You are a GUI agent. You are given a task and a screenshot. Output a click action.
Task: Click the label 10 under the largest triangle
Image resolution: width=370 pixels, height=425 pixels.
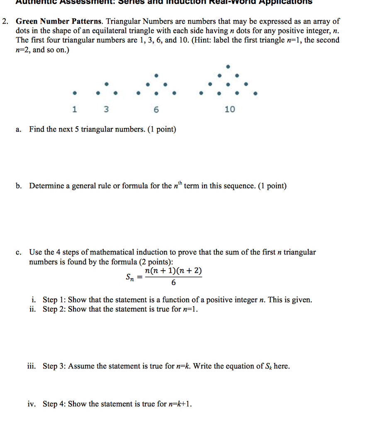229,110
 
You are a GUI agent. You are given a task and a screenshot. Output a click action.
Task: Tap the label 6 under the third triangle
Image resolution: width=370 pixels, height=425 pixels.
156,110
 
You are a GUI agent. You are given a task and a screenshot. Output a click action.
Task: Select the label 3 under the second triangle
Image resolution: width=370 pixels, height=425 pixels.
106,110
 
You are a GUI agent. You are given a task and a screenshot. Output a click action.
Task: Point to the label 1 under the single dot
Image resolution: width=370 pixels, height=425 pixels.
74,110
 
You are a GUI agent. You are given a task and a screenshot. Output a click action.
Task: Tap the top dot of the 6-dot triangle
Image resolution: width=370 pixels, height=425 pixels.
156,76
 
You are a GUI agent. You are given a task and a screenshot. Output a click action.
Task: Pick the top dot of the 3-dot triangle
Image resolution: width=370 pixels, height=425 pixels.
107,84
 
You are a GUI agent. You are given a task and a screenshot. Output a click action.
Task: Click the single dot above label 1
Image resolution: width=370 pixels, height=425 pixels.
74,93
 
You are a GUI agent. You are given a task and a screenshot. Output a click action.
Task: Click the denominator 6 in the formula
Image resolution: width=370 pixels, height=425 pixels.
173,283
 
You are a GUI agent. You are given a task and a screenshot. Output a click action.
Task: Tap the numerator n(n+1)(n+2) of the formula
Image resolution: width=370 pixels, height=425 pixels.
173,271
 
